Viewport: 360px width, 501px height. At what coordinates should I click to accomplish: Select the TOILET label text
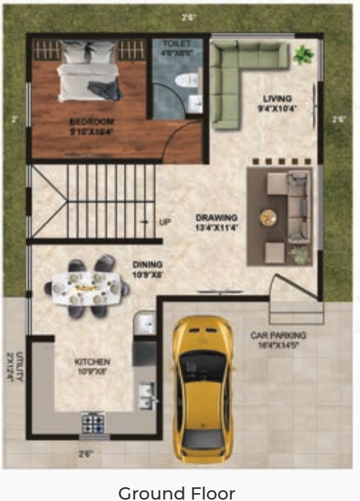pos(176,48)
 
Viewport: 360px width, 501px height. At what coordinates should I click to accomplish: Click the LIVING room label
pos(276,103)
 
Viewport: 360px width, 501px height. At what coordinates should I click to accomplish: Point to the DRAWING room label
pos(217,222)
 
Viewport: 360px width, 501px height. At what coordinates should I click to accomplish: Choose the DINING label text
pos(147,269)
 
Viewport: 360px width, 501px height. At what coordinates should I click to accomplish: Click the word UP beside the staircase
pos(164,222)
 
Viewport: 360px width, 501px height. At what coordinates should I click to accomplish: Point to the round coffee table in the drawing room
pos(269,216)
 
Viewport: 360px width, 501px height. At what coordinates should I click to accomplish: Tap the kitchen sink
pos(148,393)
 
